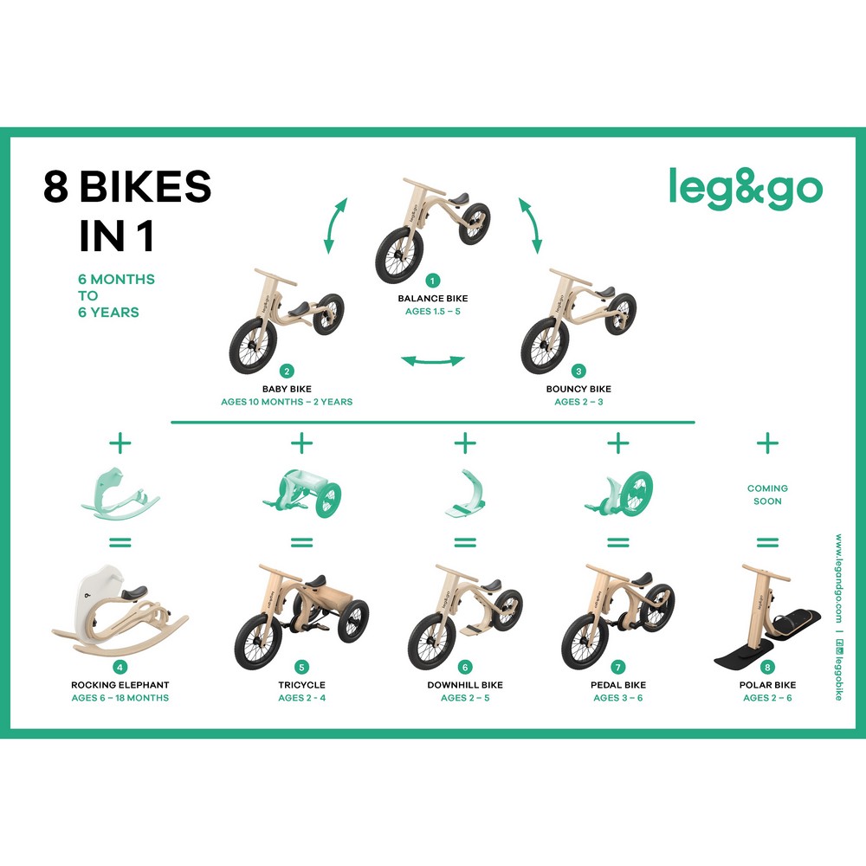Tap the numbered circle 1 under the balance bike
point(432,281)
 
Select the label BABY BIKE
point(287,389)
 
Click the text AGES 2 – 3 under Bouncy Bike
point(578,402)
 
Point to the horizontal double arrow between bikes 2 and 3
point(433,361)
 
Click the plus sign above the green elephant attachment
point(120,443)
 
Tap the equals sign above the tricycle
point(301,542)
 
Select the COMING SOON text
point(767,494)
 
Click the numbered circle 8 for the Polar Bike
point(767,667)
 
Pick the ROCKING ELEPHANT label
point(120,685)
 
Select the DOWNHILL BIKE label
point(465,685)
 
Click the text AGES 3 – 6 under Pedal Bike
point(618,697)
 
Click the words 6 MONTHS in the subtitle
point(117,279)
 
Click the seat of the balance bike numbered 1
point(460,199)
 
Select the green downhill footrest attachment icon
point(465,494)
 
